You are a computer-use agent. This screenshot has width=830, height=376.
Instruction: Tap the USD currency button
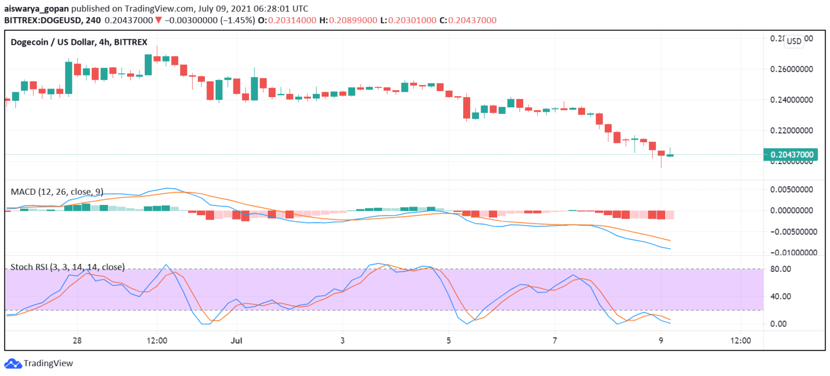[x=794, y=42]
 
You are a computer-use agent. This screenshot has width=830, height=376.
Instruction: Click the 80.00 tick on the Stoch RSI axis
[x=781, y=269]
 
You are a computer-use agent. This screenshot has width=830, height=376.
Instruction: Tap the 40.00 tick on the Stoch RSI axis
[x=781, y=296]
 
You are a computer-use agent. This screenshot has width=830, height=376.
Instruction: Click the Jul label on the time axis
[x=236, y=341]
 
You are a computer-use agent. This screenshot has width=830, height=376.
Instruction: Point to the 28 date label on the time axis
[x=78, y=341]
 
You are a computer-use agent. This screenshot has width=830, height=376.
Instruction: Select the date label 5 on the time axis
[x=449, y=341]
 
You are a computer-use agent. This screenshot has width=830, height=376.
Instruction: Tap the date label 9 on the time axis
[x=661, y=341]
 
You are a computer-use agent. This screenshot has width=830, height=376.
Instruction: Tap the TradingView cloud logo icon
[x=12, y=364]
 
